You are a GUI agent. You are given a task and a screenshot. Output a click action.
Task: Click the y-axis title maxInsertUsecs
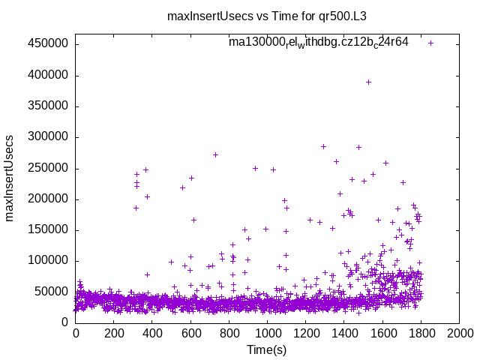click(10, 178)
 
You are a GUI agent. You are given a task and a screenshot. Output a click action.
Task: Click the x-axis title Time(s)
click(266, 349)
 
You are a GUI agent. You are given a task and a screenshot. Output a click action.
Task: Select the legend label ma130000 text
click(318, 43)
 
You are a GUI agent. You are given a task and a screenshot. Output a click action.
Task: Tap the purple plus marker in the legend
click(430, 43)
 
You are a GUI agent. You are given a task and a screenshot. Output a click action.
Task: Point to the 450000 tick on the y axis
click(48, 44)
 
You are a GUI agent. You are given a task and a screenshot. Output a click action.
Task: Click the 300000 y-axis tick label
click(48, 137)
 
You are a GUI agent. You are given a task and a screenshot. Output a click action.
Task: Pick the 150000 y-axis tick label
click(48, 229)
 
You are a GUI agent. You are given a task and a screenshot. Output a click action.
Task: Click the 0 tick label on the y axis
click(65, 322)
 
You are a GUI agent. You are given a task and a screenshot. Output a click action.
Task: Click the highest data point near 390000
click(368, 82)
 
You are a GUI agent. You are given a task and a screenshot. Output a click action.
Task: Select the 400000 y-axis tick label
click(48, 75)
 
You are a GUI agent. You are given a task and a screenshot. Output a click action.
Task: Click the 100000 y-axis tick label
click(48, 261)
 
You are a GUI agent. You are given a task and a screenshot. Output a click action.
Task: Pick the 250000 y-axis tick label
click(48, 168)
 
